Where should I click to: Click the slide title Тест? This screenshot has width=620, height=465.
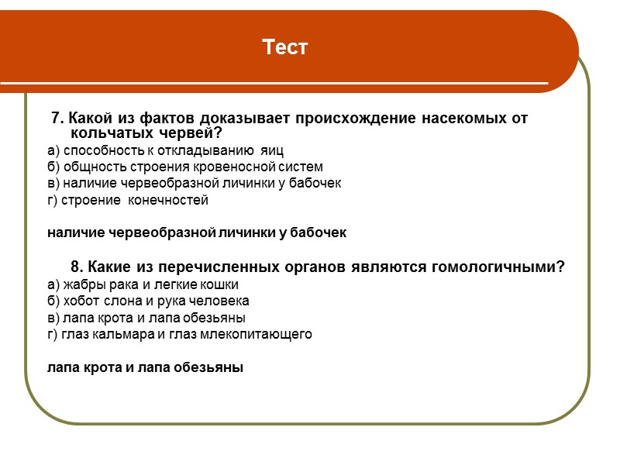tap(285, 48)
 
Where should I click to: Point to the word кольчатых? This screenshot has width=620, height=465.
tap(104, 133)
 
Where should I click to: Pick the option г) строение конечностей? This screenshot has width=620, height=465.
tap(128, 200)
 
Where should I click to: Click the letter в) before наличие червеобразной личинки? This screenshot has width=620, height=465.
tap(53, 184)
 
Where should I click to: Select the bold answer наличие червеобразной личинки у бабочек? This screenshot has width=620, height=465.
tap(197, 232)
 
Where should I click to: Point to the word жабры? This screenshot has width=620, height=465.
tap(81, 284)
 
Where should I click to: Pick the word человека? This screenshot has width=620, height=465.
tap(222, 301)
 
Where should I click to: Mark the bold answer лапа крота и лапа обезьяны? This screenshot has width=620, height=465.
tap(146, 367)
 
